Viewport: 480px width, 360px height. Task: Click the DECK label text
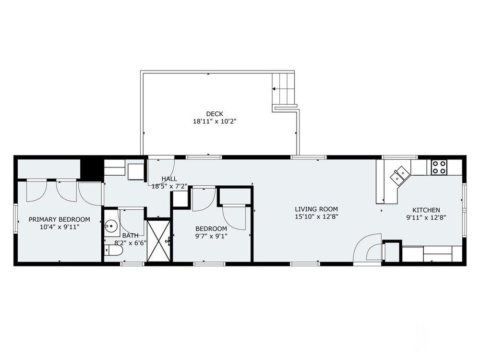(x=215, y=114)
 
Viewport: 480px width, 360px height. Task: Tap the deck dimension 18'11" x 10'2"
(x=215, y=121)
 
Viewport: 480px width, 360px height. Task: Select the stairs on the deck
(x=284, y=89)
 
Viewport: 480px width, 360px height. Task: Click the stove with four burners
(x=439, y=167)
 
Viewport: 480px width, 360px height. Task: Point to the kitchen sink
(x=400, y=176)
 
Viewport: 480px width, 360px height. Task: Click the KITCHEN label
(x=426, y=210)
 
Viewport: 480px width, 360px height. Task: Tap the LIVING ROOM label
(x=316, y=209)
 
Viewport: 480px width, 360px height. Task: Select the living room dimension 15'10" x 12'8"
(x=316, y=217)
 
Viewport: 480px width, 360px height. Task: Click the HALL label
(x=169, y=179)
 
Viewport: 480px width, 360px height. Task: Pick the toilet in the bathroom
(x=114, y=251)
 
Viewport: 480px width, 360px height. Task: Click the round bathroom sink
(x=111, y=227)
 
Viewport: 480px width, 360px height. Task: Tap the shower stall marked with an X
(x=158, y=240)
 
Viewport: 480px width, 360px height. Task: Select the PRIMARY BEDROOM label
(x=60, y=219)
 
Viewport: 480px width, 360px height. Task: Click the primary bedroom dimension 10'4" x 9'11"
(x=60, y=227)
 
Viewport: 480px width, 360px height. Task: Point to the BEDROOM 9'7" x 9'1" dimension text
(x=211, y=236)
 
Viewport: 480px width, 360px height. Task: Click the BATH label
(x=131, y=235)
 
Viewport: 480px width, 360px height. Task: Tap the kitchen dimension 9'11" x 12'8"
(x=426, y=217)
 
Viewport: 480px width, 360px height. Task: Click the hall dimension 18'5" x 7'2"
(x=169, y=186)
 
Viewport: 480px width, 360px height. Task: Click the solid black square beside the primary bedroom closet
(x=91, y=170)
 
